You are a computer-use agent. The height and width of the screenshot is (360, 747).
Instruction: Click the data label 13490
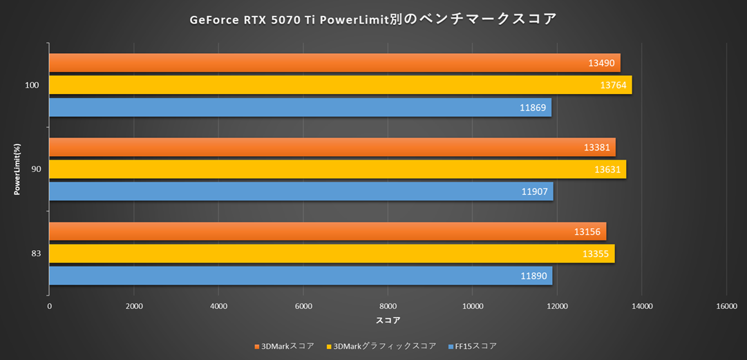coord(602,63)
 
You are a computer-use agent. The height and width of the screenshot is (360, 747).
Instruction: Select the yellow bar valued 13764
coord(339,85)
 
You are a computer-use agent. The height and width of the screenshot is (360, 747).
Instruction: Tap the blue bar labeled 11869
coord(297,107)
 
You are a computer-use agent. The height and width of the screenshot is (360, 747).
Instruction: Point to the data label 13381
coord(597,147)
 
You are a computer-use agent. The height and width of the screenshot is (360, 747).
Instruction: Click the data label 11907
coord(535,191)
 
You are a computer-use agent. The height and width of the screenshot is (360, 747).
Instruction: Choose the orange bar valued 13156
coord(325,231)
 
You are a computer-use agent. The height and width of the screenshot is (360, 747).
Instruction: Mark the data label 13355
coord(596,254)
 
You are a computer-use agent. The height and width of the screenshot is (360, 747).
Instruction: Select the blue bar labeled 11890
coord(297,276)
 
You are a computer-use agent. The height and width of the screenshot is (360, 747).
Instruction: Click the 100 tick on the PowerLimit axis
coord(32,85)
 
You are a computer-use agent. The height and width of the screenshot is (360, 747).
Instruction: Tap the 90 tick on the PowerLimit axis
coord(35,169)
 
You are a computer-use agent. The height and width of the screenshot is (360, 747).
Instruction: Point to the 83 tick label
coord(35,254)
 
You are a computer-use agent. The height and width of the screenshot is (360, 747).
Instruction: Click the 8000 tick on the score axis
coord(388,306)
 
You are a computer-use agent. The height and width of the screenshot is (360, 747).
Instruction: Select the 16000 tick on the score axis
coord(726,306)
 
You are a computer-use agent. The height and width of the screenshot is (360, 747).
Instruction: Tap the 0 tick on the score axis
coord(49,306)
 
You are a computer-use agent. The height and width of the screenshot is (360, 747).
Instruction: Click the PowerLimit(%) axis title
coord(17,169)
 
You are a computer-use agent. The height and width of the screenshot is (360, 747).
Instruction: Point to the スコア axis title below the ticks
coord(388,321)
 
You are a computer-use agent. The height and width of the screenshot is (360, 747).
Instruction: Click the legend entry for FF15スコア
coord(475,346)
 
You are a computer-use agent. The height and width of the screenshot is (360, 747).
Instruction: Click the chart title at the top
coord(373,19)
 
